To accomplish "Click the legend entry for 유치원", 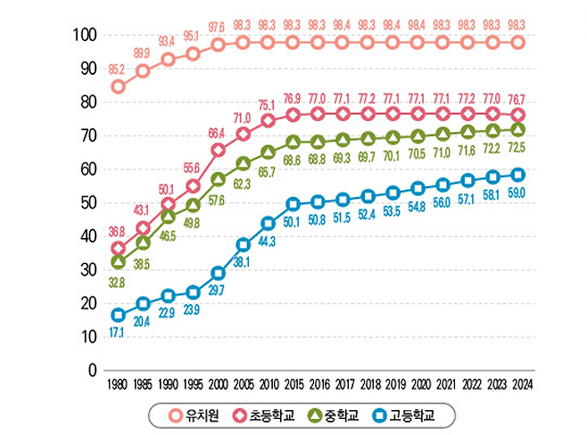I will (x=188, y=414).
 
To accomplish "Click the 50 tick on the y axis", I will (x=87, y=203).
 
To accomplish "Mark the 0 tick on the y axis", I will (x=92, y=370).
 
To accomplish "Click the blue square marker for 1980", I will (x=118, y=314).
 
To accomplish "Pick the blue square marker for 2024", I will (x=517, y=175).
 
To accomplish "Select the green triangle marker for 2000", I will (x=218, y=178).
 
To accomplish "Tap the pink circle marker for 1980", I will (x=118, y=86).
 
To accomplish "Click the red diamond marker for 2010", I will (x=268, y=120).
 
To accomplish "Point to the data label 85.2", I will (x=117, y=68).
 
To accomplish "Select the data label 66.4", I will (x=216, y=133).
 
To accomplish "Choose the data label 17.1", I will (x=118, y=332).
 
